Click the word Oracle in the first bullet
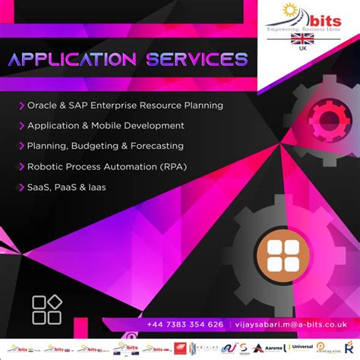(42, 106)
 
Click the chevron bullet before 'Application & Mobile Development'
(21, 125)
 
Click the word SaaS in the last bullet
(40, 186)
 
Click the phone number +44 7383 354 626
(185, 324)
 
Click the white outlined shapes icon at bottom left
(46, 310)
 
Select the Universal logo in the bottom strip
(302, 346)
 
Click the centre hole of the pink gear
(328, 119)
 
